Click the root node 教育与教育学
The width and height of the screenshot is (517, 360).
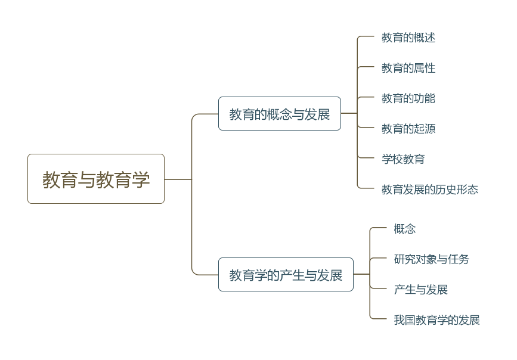[x=96, y=179]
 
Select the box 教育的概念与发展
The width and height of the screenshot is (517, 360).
[x=279, y=114]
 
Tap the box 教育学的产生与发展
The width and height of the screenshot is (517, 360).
[x=286, y=275]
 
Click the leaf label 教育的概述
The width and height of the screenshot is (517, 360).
[x=408, y=38]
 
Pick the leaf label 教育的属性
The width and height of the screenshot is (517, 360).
[x=408, y=68]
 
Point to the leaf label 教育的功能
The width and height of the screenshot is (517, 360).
[x=408, y=98]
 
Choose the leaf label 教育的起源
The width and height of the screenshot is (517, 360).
[x=408, y=129]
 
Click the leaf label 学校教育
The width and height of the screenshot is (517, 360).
[x=403, y=159]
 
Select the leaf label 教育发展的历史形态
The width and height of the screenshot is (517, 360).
[x=430, y=190]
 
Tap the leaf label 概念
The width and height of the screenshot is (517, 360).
[x=405, y=229]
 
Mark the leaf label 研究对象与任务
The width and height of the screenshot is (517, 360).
[x=432, y=259]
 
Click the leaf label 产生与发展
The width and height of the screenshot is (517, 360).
[x=421, y=290]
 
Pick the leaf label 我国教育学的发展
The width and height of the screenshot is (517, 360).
[x=437, y=320]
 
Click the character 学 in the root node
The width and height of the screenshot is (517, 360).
[x=141, y=179]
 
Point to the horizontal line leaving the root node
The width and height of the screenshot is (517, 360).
[x=178, y=179]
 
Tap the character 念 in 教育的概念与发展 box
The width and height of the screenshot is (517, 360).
[x=285, y=114]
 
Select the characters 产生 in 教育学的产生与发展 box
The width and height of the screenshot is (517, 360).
[x=292, y=275]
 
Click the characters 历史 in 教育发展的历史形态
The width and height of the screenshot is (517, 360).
[x=446, y=190]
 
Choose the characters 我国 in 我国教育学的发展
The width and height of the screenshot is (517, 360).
[x=405, y=320]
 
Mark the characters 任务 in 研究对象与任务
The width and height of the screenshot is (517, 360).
[x=459, y=259]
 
